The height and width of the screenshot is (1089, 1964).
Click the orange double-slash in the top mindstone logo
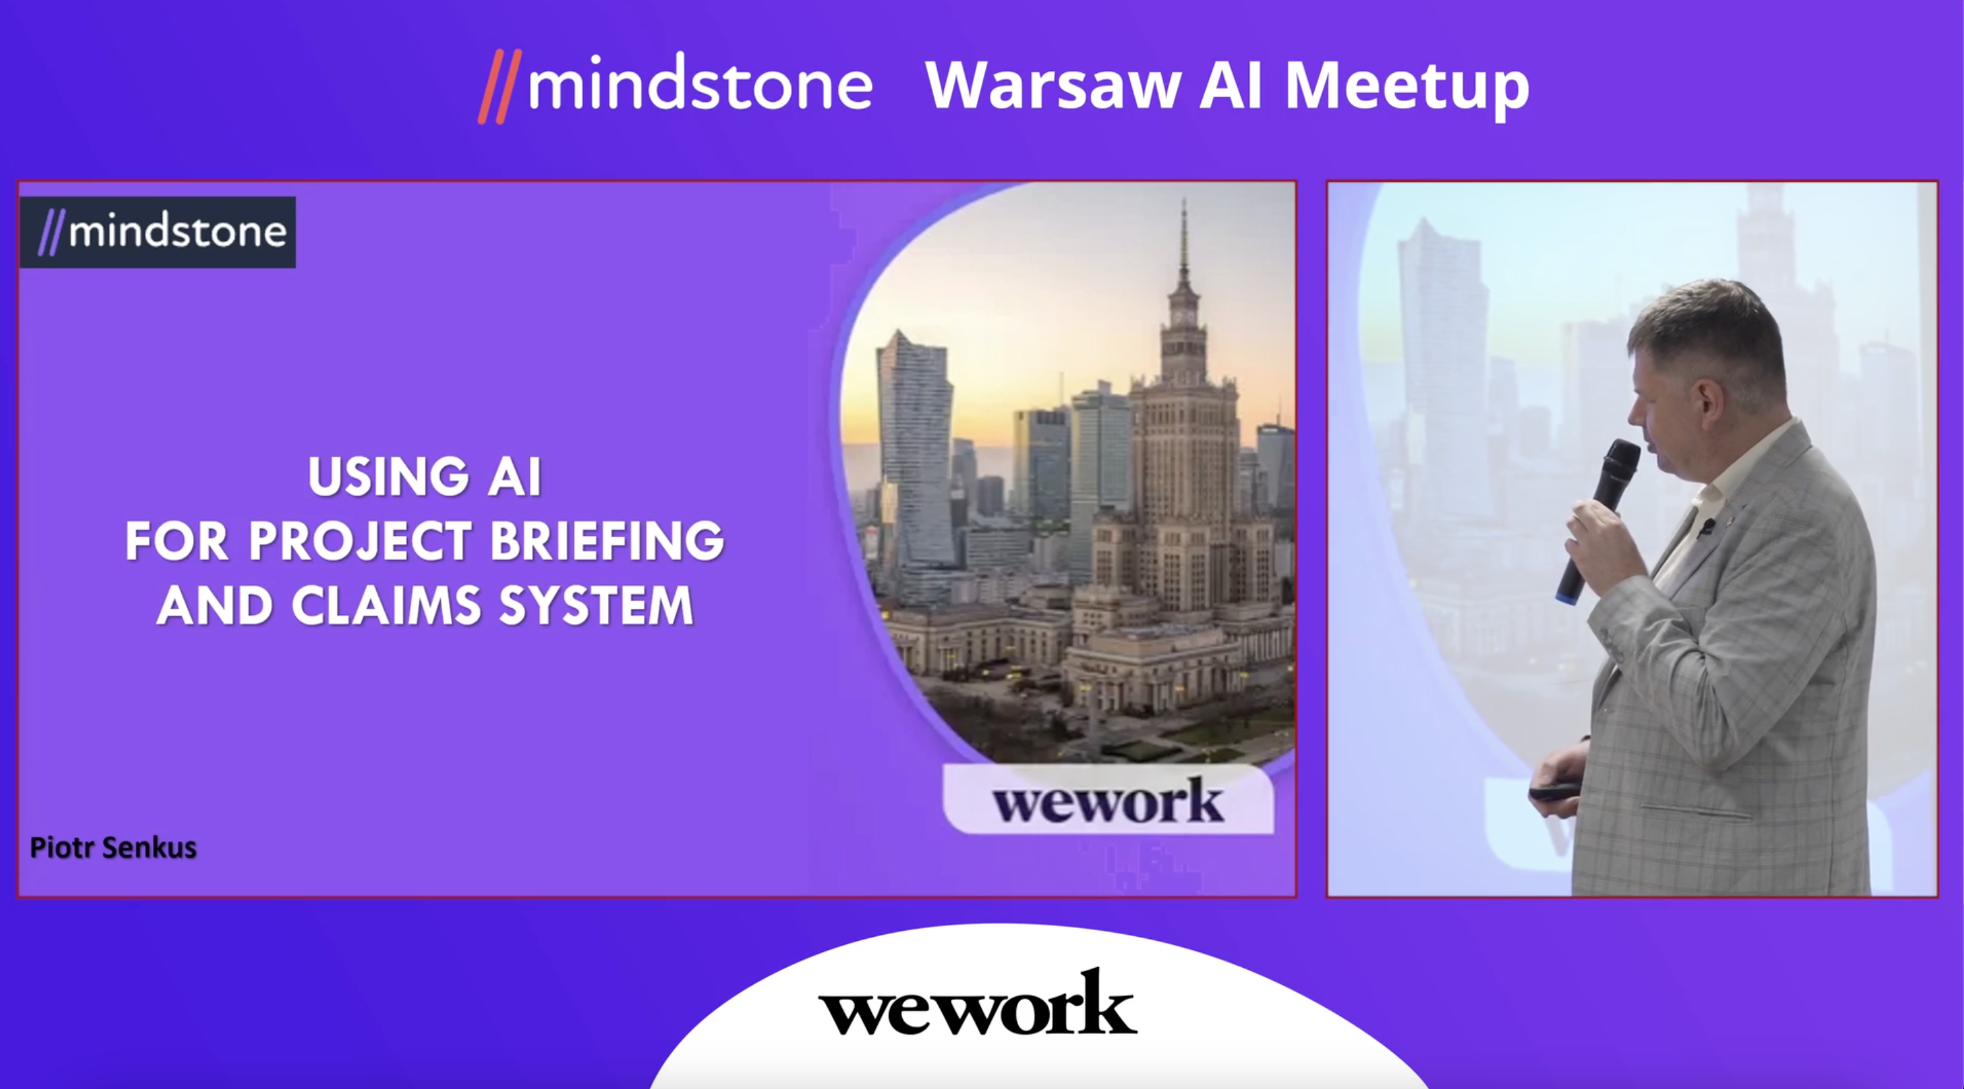[x=500, y=86]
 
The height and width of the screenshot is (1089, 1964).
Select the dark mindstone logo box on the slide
[x=158, y=233]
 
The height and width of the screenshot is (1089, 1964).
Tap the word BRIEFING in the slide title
[x=607, y=542]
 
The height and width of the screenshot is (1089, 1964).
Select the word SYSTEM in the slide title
[x=596, y=606]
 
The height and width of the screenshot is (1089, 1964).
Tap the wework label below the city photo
[x=1108, y=800]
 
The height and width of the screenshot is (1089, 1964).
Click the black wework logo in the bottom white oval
[x=977, y=1004]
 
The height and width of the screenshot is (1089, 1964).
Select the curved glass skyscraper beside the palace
[x=915, y=450]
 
